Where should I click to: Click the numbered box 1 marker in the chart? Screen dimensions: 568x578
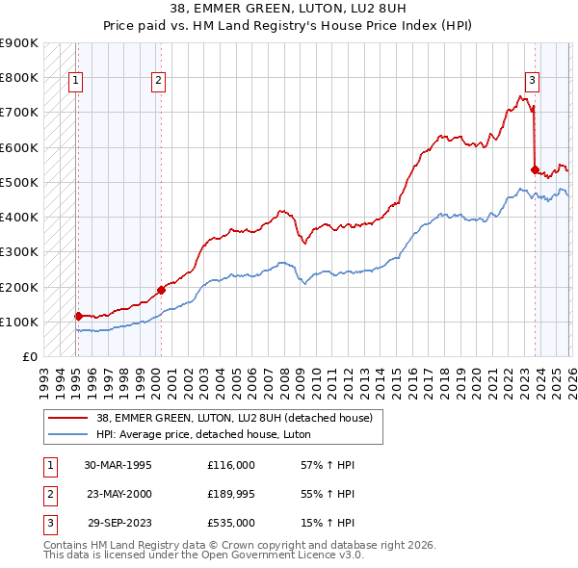click(76, 82)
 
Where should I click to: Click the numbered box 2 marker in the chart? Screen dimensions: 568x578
click(158, 82)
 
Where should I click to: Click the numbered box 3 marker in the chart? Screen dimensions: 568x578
click(532, 82)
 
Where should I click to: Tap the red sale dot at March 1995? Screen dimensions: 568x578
click(78, 315)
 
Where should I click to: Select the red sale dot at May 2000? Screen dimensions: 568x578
click(161, 289)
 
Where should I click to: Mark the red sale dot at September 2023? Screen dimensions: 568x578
click(535, 169)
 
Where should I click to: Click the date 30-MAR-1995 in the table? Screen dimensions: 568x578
click(118, 465)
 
